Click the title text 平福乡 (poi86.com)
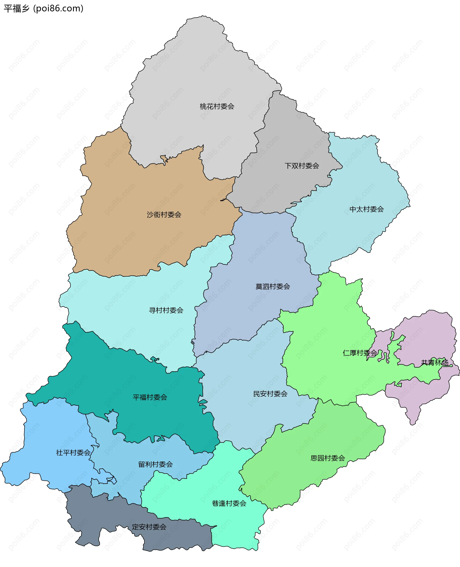pyautogui.click(x=43, y=8)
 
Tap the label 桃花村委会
pyautogui.click(x=217, y=107)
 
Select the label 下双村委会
pyautogui.click(x=302, y=166)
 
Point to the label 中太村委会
pyautogui.click(x=367, y=209)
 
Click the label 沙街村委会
pyautogui.click(x=164, y=215)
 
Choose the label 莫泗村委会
pyautogui.click(x=272, y=287)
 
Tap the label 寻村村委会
pyautogui.click(x=166, y=310)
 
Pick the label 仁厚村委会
pyautogui.click(x=360, y=353)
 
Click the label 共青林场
pyautogui.click(x=434, y=363)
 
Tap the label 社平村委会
pyautogui.click(x=73, y=453)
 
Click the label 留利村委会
pyautogui.click(x=155, y=464)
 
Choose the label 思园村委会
pyautogui.click(x=328, y=458)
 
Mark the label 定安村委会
pyautogui.click(x=149, y=527)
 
